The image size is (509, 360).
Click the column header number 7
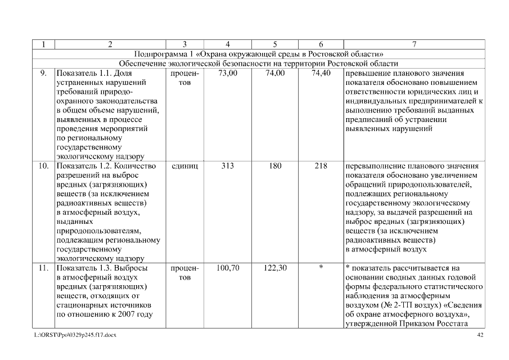pyautogui.click(x=414, y=44)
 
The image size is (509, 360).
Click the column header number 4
pyautogui.click(x=228, y=44)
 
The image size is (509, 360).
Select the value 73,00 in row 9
pyautogui.click(x=228, y=74)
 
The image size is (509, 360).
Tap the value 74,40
pyautogui.click(x=321, y=74)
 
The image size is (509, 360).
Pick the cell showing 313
pyautogui.click(x=228, y=166)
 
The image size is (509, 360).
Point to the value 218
pyautogui.click(x=321, y=166)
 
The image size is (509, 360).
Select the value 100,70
pyautogui.click(x=228, y=268)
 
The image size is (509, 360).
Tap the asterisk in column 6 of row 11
pyautogui.click(x=321, y=268)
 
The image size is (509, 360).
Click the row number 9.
pyautogui.click(x=43, y=74)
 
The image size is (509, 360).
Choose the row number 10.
pyautogui.click(x=43, y=166)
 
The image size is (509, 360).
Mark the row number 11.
pyautogui.click(x=43, y=268)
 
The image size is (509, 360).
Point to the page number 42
pyautogui.click(x=480, y=335)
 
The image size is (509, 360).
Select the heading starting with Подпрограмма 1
pyautogui.click(x=259, y=54)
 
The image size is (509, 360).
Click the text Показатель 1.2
pyautogui.click(x=85, y=166)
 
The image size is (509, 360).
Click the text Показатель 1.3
pyautogui.click(x=85, y=268)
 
